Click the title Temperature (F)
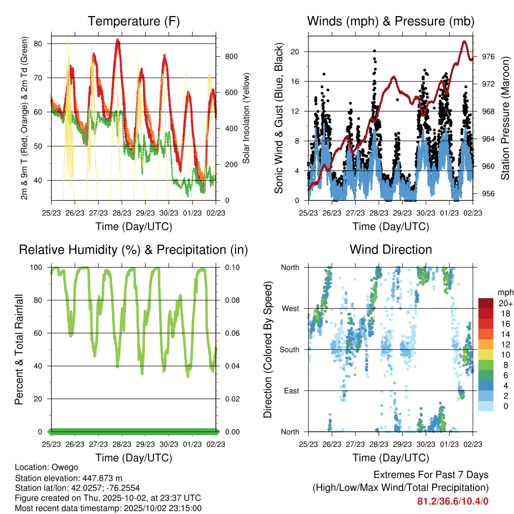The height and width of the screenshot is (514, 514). pos(134,21)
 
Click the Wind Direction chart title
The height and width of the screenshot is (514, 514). pos(391,249)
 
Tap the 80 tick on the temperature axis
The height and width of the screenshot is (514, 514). pos(43,44)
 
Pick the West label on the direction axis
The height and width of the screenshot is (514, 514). pos(291,308)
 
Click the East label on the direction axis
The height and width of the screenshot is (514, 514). pos(291,391)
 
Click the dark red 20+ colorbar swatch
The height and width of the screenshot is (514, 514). pos(486,303)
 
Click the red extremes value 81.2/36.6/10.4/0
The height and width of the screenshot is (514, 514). pos(453,501)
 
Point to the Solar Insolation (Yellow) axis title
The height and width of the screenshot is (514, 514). pos(247,118)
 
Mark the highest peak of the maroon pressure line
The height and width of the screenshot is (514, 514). pos(464,42)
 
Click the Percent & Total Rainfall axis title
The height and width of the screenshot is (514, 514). pos(19,349)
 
